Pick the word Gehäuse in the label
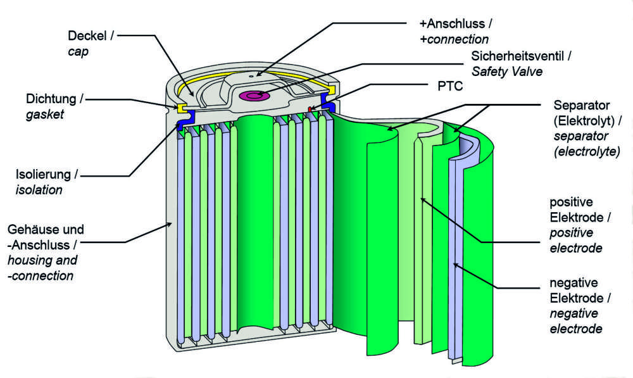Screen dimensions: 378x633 [32, 229]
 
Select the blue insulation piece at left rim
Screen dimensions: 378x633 [181, 126]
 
